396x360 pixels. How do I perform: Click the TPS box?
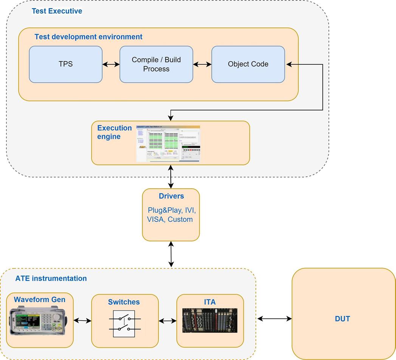tap(65, 64)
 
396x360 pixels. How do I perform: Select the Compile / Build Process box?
tap(156, 64)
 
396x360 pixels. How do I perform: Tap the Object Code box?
tap(248, 64)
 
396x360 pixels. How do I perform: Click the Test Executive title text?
tap(57, 11)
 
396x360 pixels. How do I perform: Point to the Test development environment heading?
tap(89, 37)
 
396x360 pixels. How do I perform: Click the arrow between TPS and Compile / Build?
tap(111, 64)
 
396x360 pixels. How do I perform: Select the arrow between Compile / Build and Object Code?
tap(202, 64)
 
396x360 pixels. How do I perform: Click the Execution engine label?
tap(114, 132)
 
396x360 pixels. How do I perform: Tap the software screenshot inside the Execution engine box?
tap(168, 143)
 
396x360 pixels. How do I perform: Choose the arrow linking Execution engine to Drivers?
tap(171, 177)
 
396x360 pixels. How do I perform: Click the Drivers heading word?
tap(171, 196)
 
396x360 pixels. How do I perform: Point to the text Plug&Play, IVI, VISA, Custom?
tap(171, 214)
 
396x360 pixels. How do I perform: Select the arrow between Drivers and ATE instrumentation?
tap(171, 254)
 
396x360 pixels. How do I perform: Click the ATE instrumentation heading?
tap(51, 279)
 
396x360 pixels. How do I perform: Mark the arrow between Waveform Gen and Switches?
tap(82, 321)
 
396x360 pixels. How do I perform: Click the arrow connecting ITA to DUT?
tap(274, 319)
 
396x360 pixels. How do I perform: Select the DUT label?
tap(342, 319)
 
